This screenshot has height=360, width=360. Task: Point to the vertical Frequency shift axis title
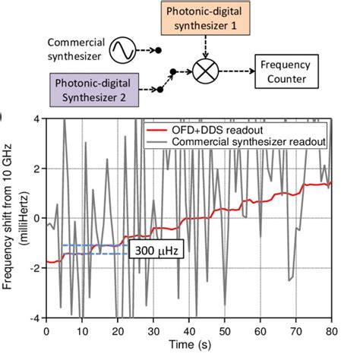pyautogui.click(x=12, y=219)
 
